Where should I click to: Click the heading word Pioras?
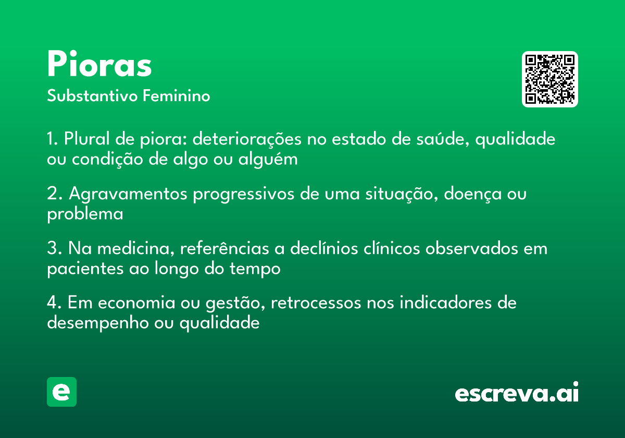pos(99,65)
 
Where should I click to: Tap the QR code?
pos(549,79)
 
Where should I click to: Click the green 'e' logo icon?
pos(61,392)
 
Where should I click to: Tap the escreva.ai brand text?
pos(517,393)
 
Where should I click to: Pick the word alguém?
pos(268,160)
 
